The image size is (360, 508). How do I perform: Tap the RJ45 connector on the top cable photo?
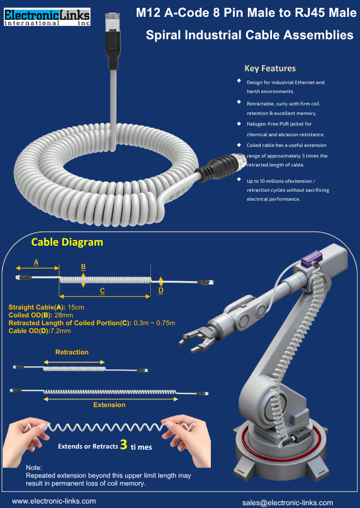click(x=109, y=25)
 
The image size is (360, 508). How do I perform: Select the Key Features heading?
click(x=270, y=68)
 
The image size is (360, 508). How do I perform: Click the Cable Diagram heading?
click(x=67, y=242)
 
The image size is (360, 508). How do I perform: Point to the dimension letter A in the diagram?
click(x=36, y=262)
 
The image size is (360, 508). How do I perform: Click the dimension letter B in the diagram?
click(x=83, y=266)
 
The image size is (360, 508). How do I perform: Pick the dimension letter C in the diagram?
click(x=102, y=290)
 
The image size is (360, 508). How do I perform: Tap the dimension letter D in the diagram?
click(x=161, y=290)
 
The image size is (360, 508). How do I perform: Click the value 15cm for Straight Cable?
click(x=76, y=307)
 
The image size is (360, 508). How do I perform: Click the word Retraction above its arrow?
click(x=72, y=352)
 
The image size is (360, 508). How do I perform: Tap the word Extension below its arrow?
click(x=109, y=404)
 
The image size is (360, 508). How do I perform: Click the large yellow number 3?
click(x=123, y=446)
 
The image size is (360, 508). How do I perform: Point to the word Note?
click(x=34, y=467)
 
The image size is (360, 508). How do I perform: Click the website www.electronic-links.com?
click(x=54, y=501)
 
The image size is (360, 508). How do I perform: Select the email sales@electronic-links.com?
click(x=288, y=502)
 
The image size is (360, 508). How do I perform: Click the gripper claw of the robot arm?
click(x=193, y=340)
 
